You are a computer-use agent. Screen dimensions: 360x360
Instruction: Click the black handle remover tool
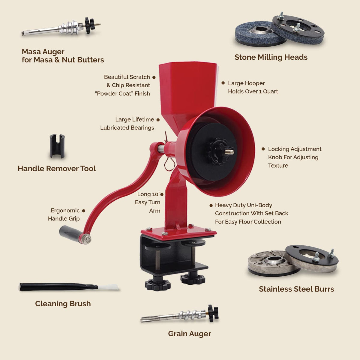[x=57, y=146]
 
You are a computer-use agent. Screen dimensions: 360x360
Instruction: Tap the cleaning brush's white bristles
[x=108, y=287]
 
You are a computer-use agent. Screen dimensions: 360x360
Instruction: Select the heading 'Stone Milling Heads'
[x=271, y=57]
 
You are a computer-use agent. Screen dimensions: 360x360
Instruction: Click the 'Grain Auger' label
[x=189, y=334]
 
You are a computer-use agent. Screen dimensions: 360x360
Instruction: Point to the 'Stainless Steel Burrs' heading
[x=296, y=289]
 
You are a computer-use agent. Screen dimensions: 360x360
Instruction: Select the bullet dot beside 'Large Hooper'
[x=223, y=83]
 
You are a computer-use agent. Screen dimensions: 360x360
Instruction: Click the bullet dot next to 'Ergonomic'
[x=84, y=211]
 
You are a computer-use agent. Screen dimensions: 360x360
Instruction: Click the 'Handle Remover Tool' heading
[x=57, y=169]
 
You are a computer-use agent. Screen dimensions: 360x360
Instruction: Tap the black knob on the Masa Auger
[x=89, y=25]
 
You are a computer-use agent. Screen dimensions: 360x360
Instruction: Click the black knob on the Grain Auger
[x=213, y=313]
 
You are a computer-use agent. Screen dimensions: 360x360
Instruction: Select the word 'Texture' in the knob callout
[x=278, y=166]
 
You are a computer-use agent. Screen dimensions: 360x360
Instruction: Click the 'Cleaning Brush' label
[x=63, y=304]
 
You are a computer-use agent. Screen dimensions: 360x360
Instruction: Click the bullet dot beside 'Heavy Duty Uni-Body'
[x=211, y=205]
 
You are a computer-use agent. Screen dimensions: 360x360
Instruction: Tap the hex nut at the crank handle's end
[x=87, y=239]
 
